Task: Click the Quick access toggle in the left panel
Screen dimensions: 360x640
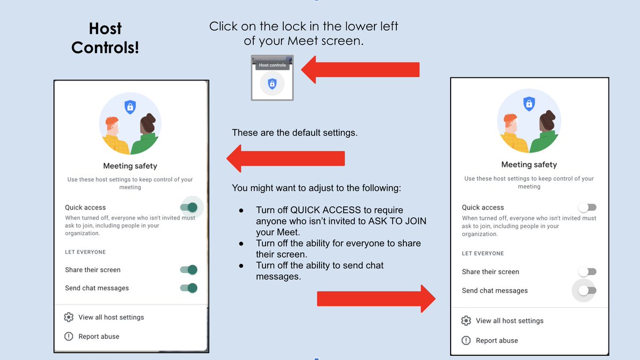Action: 189,207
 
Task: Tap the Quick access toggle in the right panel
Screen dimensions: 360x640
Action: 587,207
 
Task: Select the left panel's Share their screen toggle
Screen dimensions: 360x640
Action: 189,270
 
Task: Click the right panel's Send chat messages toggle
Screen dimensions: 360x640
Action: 587,291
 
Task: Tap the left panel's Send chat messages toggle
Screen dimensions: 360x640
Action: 189,288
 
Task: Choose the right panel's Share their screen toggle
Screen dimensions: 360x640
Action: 587,271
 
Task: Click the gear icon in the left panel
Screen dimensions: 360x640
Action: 68,317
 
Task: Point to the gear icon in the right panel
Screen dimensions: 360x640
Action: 466,321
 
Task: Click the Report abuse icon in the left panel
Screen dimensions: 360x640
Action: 68,337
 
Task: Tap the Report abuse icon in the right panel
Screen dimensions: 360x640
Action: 466,340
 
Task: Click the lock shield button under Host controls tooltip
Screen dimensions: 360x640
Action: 272,84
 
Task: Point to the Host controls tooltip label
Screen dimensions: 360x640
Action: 272,65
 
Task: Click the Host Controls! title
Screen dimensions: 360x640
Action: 105,38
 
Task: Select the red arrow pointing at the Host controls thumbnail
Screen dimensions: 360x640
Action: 361,70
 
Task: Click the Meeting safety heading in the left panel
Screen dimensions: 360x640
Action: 130,166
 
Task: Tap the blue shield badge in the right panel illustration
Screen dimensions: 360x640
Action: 529,103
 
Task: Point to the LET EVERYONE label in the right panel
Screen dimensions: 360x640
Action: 483,253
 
